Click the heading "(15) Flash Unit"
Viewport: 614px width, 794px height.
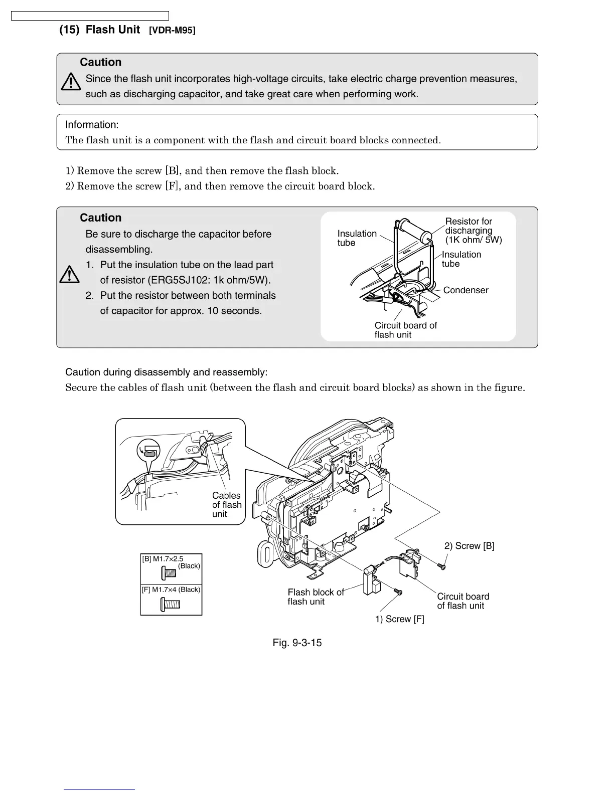[99, 30]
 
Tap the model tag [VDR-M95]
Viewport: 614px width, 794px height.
[172, 31]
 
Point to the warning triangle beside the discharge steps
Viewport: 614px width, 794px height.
[69, 274]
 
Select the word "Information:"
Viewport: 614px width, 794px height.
[92, 125]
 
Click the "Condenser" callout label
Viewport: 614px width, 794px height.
[466, 290]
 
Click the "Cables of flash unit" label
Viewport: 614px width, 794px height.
[227, 505]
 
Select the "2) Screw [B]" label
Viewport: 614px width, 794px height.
[469, 546]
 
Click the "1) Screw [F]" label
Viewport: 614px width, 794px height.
[399, 619]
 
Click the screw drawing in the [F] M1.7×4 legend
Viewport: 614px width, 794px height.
[170, 604]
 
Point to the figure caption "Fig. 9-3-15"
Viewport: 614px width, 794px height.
[297, 643]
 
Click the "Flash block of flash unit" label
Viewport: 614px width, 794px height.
[316, 597]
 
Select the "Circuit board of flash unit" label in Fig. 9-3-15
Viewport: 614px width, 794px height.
[463, 601]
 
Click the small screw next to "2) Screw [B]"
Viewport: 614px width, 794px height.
[442, 566]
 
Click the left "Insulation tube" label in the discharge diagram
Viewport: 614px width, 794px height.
[357, 238]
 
